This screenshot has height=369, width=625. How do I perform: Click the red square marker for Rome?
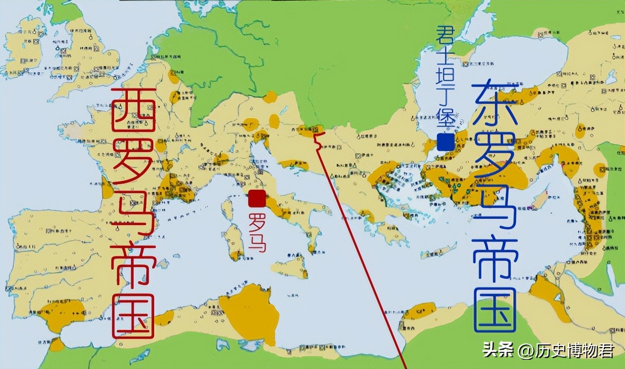click(x=257, y=199)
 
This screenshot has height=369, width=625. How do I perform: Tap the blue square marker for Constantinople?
click(x=445, y=143)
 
